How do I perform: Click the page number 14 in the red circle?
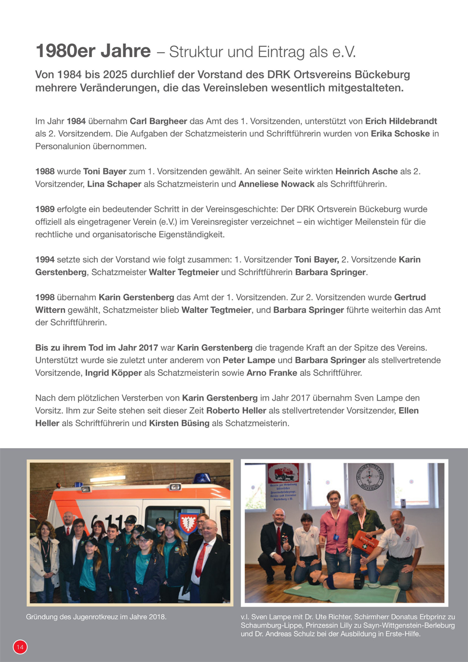(x=20, y=647)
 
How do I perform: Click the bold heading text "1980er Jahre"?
(x=93, y=51)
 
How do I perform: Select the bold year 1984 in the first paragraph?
(x=76, y=121)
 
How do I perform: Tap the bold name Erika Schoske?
(x=400, y=134)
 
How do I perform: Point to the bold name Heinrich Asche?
(x=366, y=171)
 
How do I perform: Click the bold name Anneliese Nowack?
(x=276, y=184)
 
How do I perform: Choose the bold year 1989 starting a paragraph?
(x=45, y=209)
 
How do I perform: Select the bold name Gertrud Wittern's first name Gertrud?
(x=410, y=297)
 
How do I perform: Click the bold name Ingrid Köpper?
(x=113, y=373)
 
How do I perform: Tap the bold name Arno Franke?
(x=272, y=373)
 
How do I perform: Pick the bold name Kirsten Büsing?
(x=179, y=423)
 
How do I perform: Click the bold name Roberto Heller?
(x=236, y=411)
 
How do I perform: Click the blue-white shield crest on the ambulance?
(x=188, y=522)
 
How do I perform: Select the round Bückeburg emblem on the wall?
(x=370, y=478)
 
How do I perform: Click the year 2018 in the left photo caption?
(x=157, y=617)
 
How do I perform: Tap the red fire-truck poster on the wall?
(x=283, y=473)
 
